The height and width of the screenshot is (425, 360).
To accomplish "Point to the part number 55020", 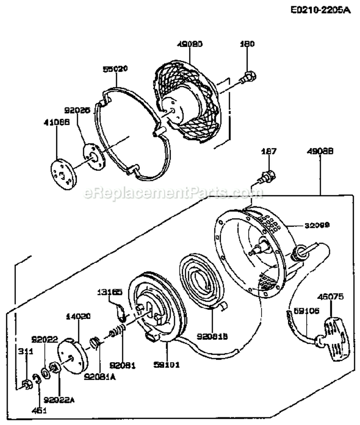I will coord(115,69).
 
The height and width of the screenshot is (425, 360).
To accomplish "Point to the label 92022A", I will coord(59,398).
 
